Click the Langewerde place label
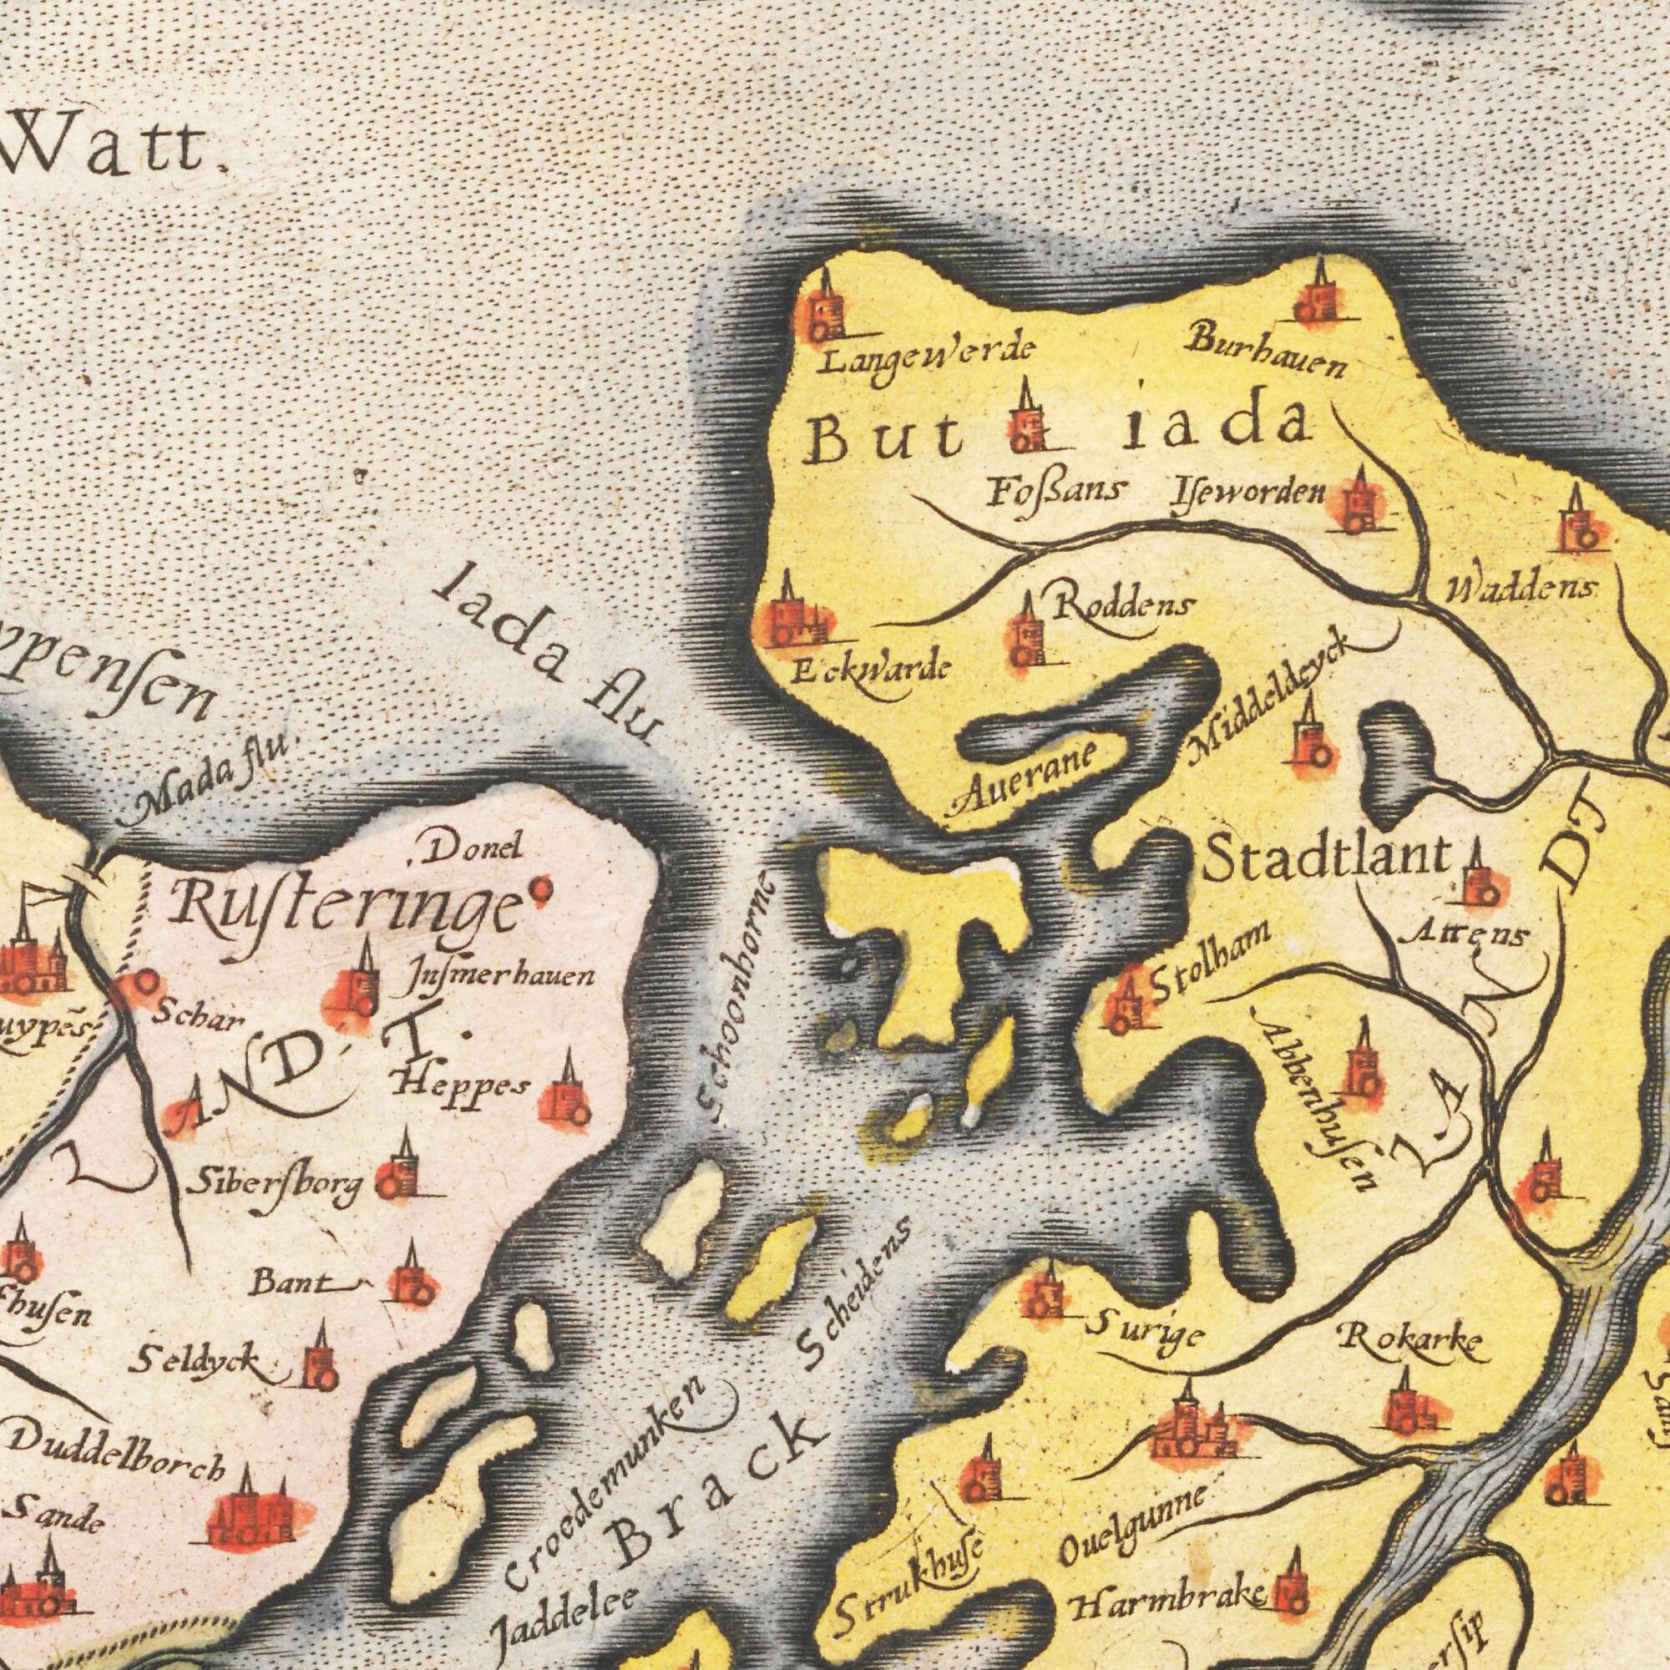pyautogui.click(x=925, y=362)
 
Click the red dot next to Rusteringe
pyautogui.click(x=543, y=885)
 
